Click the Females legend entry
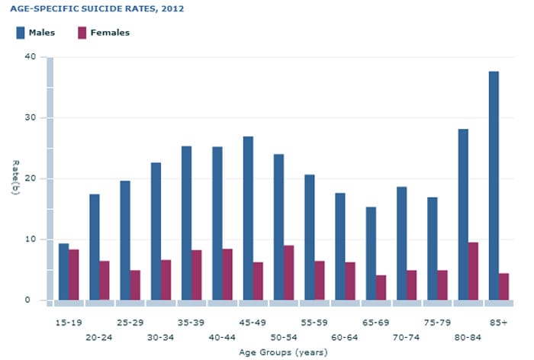pos(103,33)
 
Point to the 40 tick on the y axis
pos(30,57)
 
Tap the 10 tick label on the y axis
pos(30,239)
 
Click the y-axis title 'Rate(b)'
pos(14,178)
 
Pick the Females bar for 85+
pos(503,287)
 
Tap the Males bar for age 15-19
pos(63,272)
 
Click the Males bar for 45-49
pos(248,218)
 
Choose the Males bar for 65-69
pos(371,253)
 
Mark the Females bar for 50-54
pos(288,272)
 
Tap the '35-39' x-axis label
pos(191,323)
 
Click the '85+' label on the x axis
pos(498,323)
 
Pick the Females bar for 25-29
pos(135,284)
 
